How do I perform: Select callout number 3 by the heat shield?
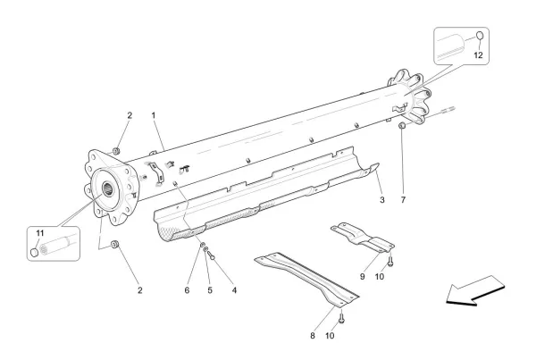pyautogui.click(x=381, y=201)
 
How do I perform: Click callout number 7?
pyautogui.click(x=403, y=201)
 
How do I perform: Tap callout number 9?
pyautogui.click(x=363, y=277)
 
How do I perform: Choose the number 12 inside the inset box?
pyautogui.click(x=478, y=55)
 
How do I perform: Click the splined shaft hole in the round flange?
pyautogui.click(x=108, y=188)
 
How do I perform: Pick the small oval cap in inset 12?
pyautogui.click(x=479, y=38)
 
